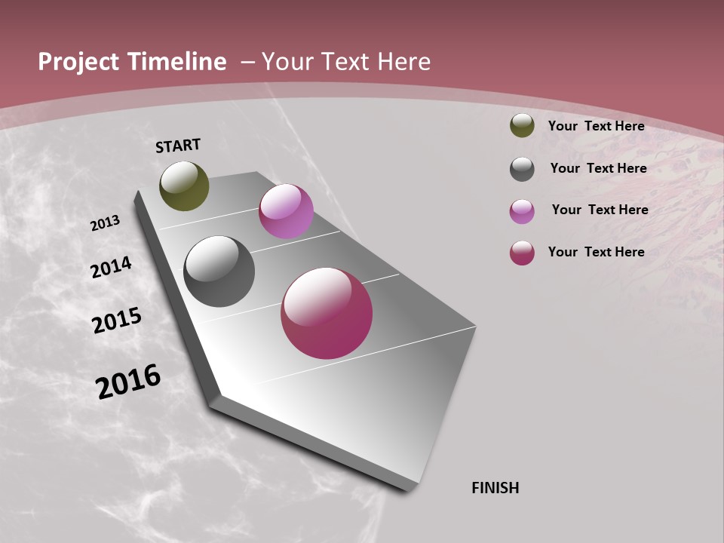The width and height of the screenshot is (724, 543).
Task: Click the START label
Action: tap(178, 146)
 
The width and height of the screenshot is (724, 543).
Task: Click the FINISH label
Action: tap(495, 488)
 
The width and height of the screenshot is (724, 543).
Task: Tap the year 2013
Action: tap(106, 223)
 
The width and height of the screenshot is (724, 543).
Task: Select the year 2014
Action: tap(111, 268)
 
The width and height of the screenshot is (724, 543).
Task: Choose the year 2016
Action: tap(128, 382)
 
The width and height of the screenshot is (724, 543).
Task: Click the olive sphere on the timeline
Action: tap(184, 186)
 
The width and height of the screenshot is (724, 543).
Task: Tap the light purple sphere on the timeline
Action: tap(286, 211)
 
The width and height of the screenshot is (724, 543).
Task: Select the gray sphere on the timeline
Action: tap(219, 271)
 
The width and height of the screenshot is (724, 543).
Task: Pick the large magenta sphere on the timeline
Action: tap(327, 313)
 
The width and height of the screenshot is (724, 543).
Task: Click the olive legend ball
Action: tap(522, 126)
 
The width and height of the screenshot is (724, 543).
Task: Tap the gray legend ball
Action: tap(522, 169)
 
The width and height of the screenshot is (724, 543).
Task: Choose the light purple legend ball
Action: tap(522, 211)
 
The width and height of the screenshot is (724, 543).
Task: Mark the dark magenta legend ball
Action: tap(522, 253)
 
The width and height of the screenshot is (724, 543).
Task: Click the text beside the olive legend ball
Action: tap(596, 126)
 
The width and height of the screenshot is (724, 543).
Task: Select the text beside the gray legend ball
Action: tap(598, 168)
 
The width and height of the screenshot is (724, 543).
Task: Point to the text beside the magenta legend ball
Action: tap(596, 252)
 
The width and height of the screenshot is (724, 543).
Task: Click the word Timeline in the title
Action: tap(176, 62)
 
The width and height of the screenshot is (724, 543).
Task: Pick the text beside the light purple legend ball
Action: tap(600, 210)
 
